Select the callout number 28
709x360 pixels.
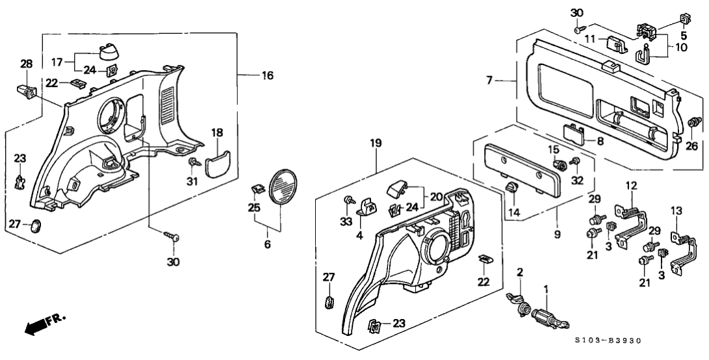click(25, 64)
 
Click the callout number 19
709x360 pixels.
click(376, 142)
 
